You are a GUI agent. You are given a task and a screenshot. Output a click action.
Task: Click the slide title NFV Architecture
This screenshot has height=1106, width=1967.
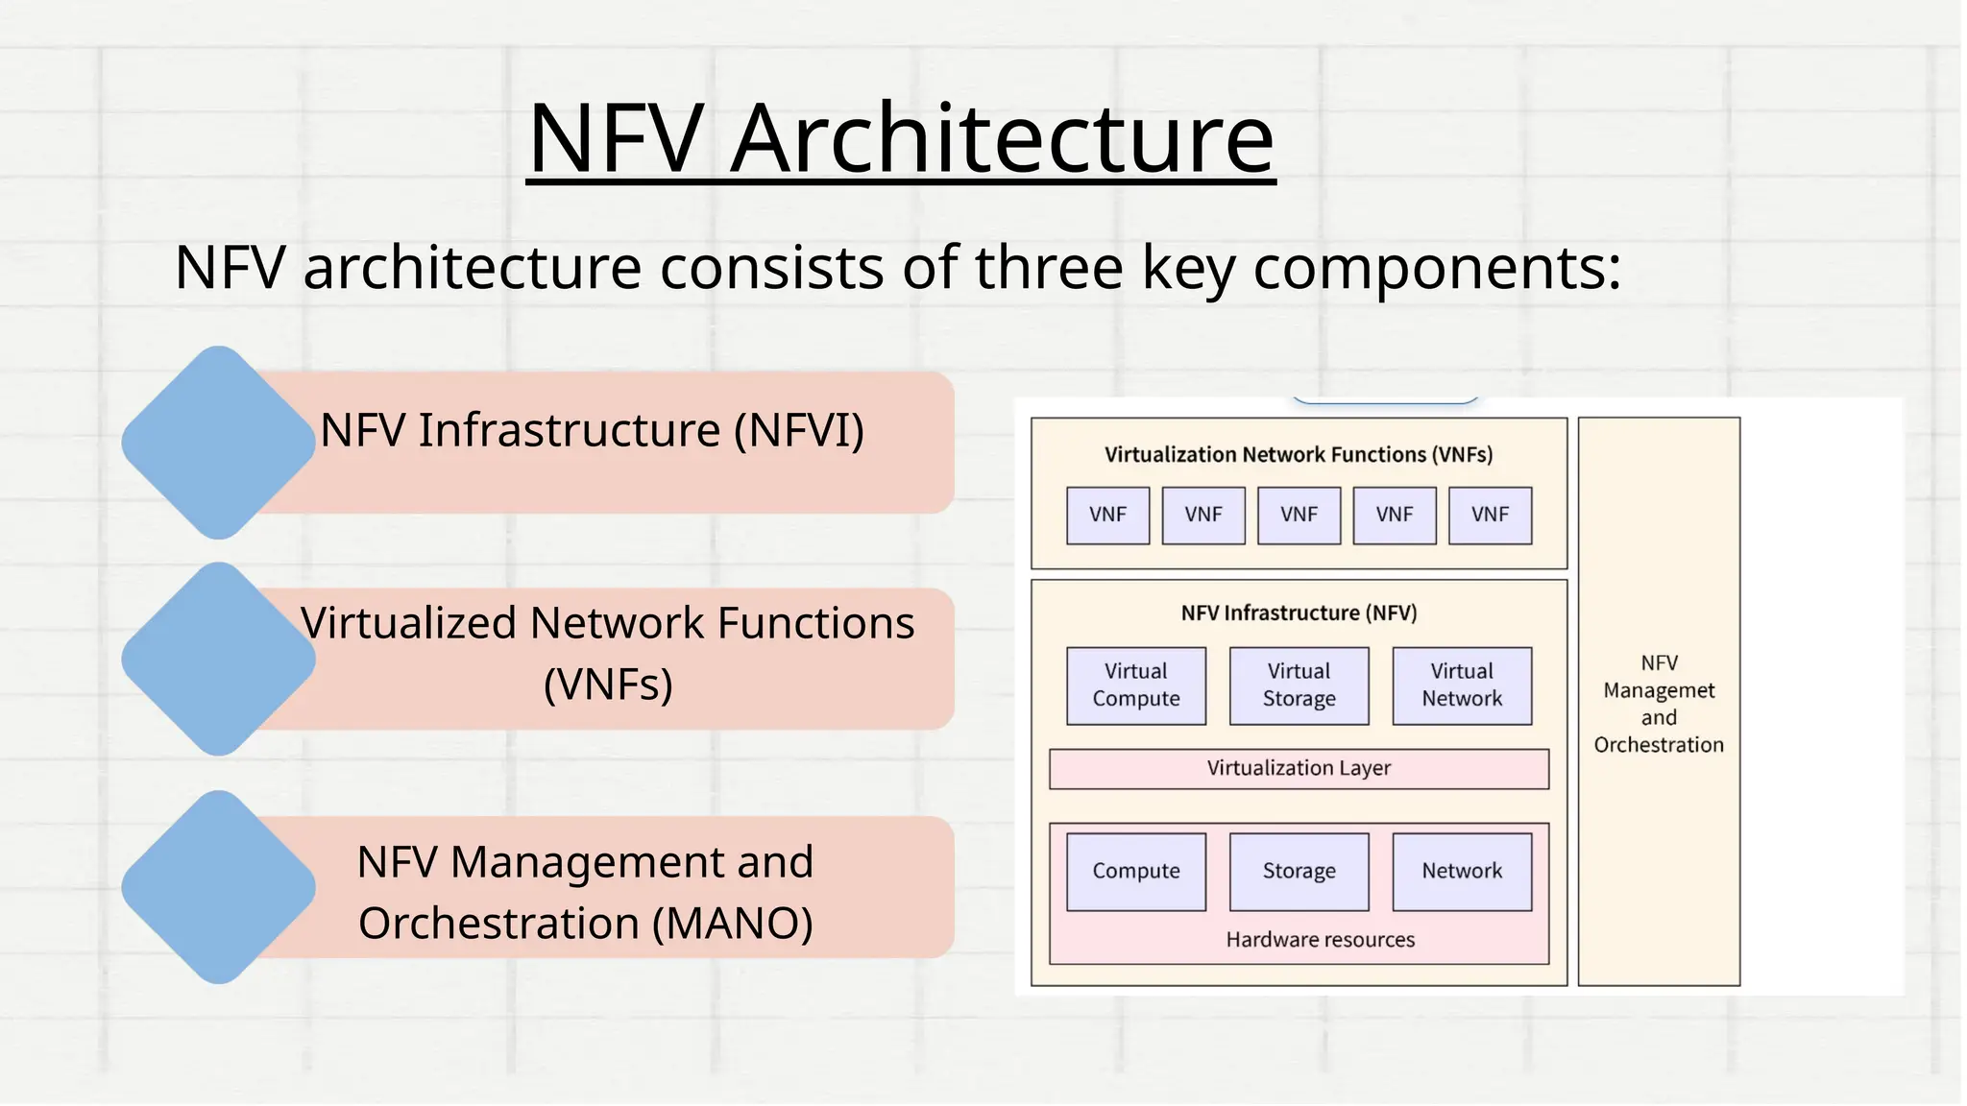(x=901, y=138)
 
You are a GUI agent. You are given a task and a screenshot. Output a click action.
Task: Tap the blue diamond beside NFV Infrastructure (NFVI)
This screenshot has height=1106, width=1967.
(x=219, y=443)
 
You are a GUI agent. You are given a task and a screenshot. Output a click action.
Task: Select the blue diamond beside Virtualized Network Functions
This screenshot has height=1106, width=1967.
(x=219, y=660)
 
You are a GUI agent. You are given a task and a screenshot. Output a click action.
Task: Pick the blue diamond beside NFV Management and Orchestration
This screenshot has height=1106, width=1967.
(x=219, y=887)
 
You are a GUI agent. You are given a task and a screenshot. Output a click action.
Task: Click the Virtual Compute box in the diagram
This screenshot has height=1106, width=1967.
(x=1135, y=685)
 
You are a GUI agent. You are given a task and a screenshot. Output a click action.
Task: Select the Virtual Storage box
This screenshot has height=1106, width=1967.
(x=1299, y=685)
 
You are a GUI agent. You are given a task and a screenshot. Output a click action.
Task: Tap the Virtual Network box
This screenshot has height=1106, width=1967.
(x=1462, y=685)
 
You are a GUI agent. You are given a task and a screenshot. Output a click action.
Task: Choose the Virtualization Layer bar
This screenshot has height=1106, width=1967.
(x=1299, y=769)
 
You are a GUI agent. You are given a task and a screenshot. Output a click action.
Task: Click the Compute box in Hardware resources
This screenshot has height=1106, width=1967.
(x=1135, y=872)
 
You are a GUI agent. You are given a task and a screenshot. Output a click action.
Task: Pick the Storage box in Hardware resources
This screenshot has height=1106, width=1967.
(x=1299, y=872)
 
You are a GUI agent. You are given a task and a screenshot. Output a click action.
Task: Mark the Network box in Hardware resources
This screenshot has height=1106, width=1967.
(x=1462, y=872)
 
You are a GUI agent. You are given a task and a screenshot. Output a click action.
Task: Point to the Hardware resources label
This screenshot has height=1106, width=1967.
(x=1320, y=940)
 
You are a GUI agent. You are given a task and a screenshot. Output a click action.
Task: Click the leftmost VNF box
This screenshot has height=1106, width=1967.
(x=1107, y=516)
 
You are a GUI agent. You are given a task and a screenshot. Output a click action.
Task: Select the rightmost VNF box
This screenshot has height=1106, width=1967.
(x=1490, y=516)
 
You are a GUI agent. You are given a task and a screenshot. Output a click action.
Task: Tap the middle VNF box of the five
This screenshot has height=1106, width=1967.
(x=1299, y=516)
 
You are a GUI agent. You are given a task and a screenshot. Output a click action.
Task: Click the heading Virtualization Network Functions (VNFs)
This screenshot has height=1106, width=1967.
(x=1299, y=455)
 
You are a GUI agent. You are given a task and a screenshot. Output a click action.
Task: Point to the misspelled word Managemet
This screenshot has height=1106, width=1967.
(x=1659, y=691)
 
